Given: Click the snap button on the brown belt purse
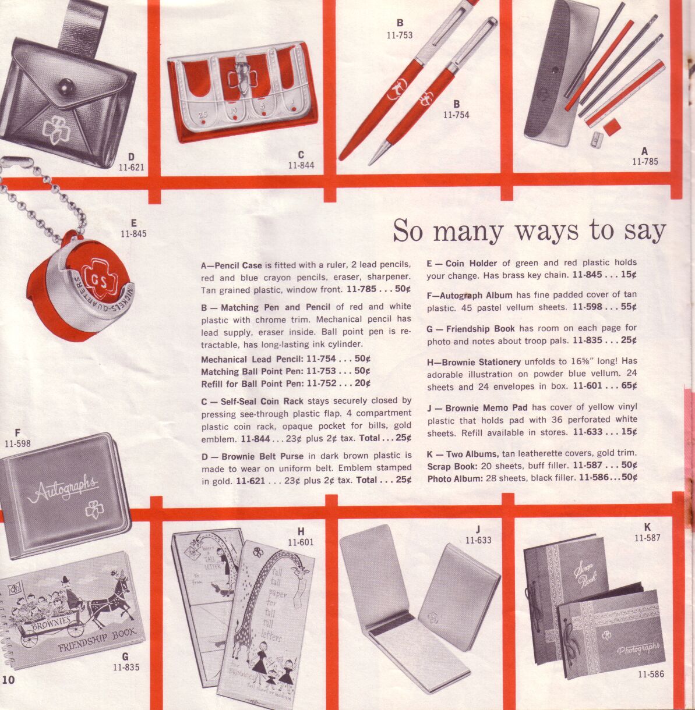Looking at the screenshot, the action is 66,87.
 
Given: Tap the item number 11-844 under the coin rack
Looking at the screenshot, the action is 301,165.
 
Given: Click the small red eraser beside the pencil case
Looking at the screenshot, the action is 612,127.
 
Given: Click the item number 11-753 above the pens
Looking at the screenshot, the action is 400,35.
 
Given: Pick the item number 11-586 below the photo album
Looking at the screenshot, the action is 651,674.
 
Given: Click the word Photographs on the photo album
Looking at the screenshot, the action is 638,649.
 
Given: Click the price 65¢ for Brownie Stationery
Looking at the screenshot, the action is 629,385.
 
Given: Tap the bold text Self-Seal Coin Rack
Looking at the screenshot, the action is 262,402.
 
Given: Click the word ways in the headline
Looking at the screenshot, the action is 546,230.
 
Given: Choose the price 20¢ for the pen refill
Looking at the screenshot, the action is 363,384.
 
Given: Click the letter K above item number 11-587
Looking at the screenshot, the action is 647,527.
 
